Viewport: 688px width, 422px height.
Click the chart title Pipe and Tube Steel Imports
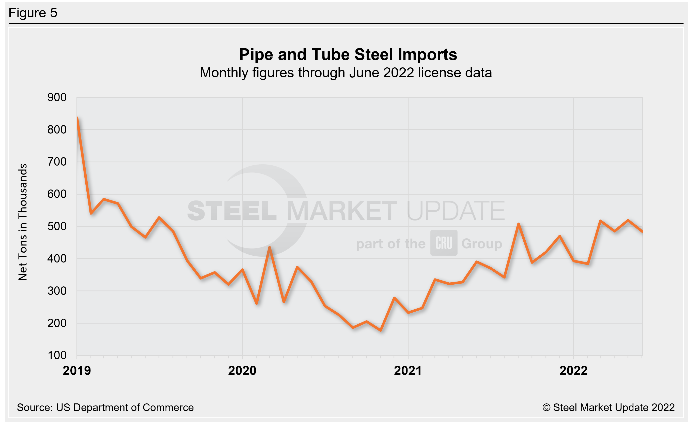point(348,54)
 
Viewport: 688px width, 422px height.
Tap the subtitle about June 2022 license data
point(346,73)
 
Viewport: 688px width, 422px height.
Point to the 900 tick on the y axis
point(57,97)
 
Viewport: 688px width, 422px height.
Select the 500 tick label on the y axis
point(57,226)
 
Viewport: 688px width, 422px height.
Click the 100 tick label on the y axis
point(57,356)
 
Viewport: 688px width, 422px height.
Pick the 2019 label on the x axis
point(77,371)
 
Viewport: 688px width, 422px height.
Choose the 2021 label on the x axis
point(408,371)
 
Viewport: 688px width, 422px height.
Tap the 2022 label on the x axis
point(573,371)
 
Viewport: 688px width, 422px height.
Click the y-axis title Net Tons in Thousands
point(23,222)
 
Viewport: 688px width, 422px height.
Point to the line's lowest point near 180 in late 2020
point(381,330)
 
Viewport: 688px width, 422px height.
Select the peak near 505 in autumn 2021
point(518,224)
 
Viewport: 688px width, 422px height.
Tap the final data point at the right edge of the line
point(642,231)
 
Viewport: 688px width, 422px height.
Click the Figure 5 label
point(33,13)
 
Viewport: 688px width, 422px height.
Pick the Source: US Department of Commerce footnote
point(105,408)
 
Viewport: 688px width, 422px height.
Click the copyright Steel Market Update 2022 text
point(608,408)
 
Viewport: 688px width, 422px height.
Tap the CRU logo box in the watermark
point(443,243)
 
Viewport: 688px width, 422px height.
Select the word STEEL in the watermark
point(232,211)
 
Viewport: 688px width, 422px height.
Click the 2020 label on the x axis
point(242,371)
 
